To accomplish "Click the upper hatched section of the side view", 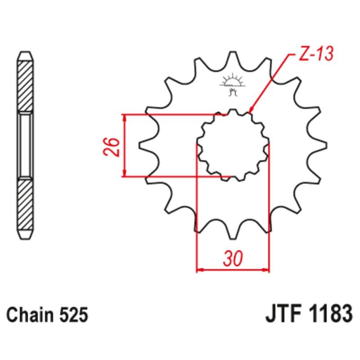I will (x=25, y=85).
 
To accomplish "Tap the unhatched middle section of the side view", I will (x=25, y=145).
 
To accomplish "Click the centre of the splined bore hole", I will (x=233, y=145).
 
